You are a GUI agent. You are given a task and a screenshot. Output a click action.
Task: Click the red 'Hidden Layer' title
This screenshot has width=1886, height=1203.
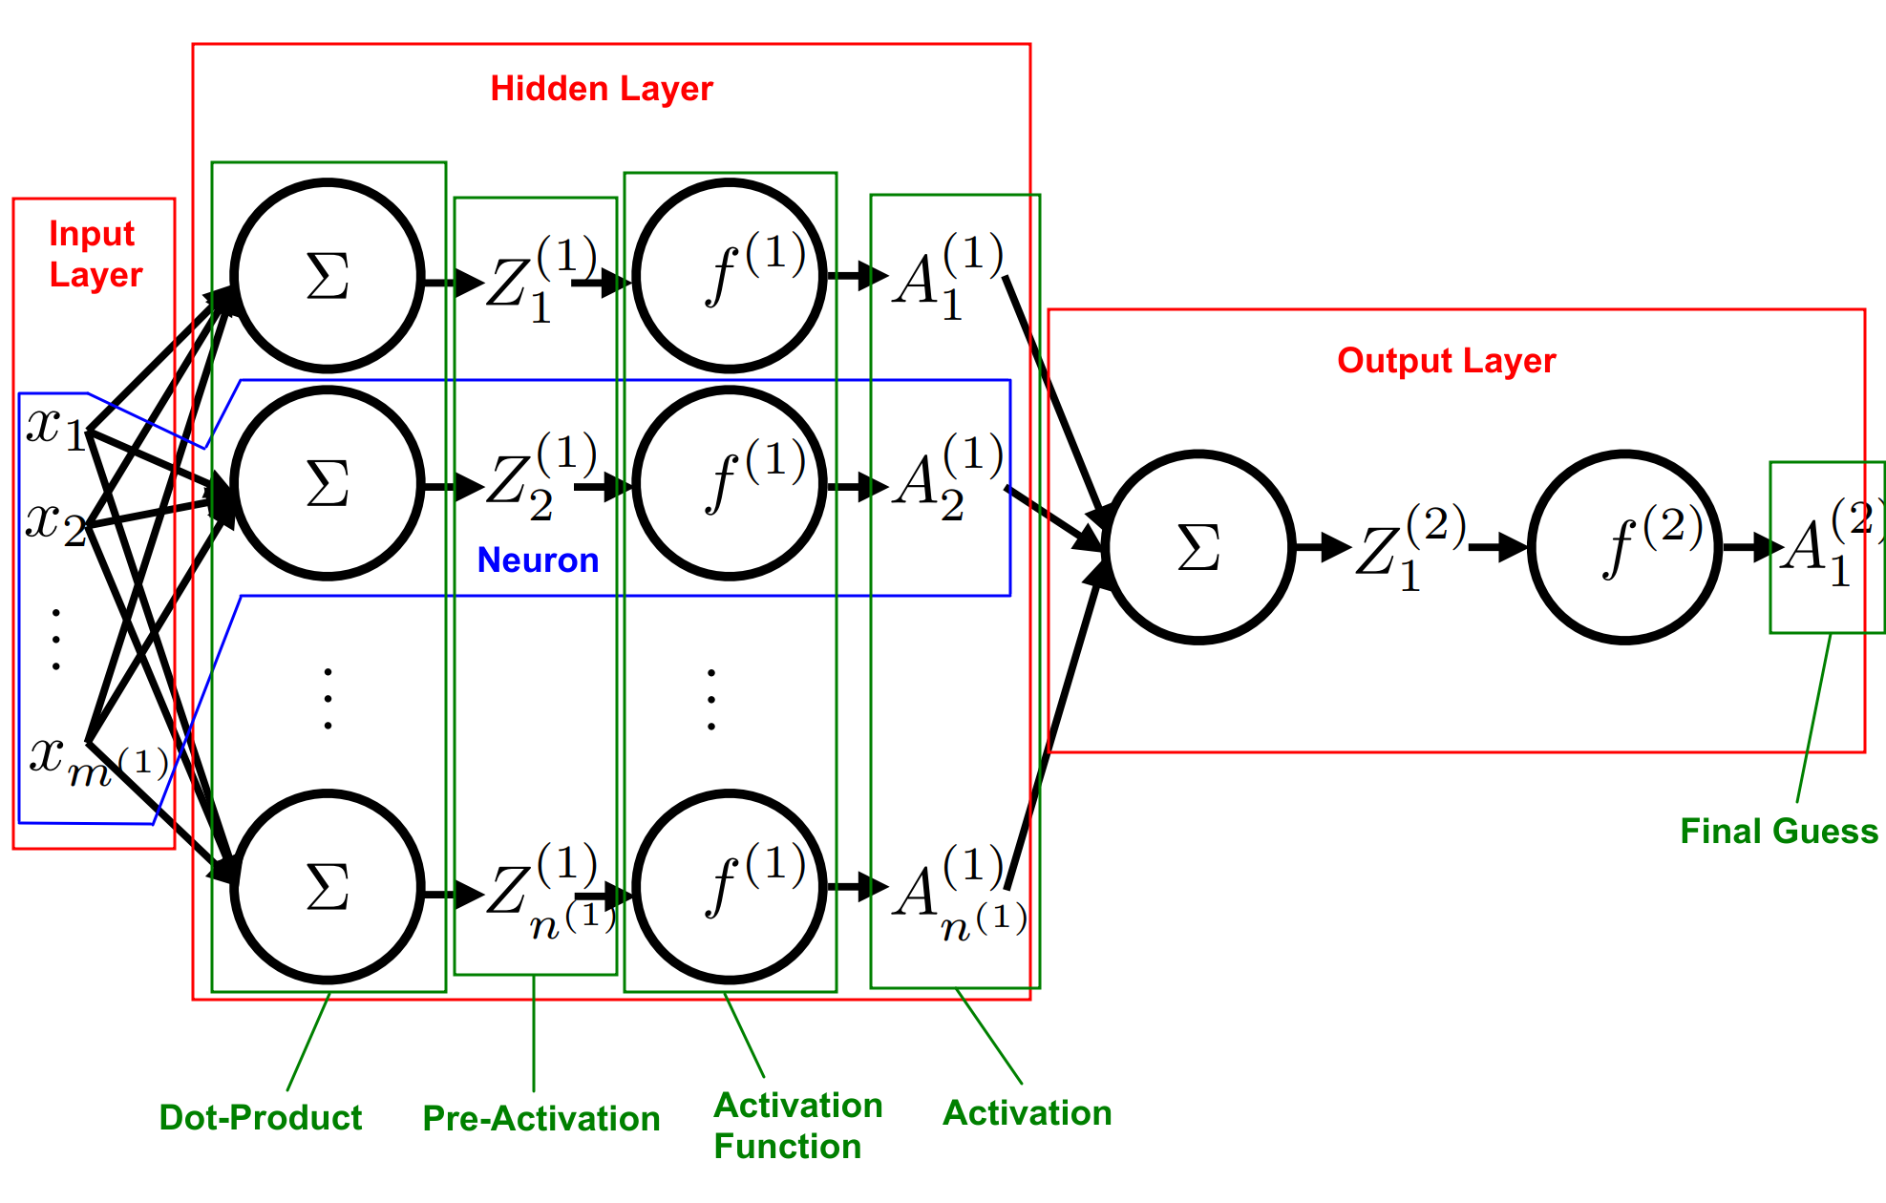click(601, 89)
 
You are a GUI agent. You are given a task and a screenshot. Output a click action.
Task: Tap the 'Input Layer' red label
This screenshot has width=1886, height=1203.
click(95, 254)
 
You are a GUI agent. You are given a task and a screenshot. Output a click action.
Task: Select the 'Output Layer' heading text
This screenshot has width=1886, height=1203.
click(1446, 361)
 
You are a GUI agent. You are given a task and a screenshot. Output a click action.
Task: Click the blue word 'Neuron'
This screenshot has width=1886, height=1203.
click(538, 560)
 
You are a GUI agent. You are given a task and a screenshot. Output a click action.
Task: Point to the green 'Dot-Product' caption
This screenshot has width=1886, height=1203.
click(260, 1117)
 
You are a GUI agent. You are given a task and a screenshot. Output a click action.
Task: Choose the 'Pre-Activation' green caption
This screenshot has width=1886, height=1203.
click(540, 1118)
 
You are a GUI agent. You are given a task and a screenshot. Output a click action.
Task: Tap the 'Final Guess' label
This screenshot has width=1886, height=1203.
click(1778, 831)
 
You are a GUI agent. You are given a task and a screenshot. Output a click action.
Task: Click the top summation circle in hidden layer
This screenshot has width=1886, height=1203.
click(328, 276)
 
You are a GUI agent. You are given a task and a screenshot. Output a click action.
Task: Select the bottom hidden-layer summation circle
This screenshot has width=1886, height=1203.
click(328, 887)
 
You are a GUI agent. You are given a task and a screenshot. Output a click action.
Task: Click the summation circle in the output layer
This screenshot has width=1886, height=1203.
click(1199, 548)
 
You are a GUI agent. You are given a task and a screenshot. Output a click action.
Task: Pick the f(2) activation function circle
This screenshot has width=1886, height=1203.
click(1625, 548)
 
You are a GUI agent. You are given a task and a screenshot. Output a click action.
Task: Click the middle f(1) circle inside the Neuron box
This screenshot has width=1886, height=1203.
click(730, 484)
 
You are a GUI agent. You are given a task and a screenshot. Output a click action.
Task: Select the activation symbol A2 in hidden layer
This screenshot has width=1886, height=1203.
click(945, 477)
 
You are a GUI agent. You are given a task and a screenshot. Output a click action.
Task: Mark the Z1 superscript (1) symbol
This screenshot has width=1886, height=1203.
click(538, 279)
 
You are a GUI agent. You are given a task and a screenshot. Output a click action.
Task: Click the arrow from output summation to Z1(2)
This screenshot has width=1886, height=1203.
click(1323, 548)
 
